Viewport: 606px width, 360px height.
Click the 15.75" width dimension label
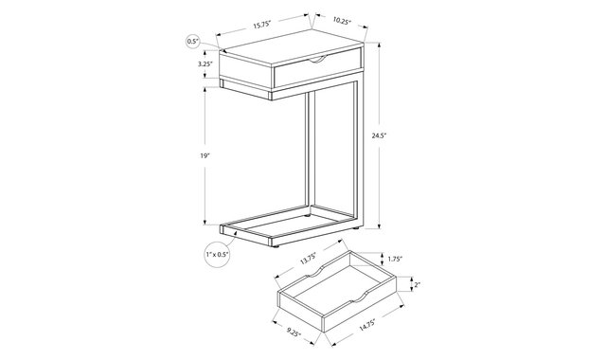(x=263, y=24)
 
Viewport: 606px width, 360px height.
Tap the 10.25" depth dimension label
(x=341, y=20)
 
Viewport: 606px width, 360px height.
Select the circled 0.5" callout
(x=192, y=41)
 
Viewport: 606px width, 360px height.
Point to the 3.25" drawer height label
(x=205, y=64)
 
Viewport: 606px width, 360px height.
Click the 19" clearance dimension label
(x=205, y=155)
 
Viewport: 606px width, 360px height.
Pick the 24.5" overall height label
(x=380, y=135)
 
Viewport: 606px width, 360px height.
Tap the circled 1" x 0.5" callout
(x=217, y=254)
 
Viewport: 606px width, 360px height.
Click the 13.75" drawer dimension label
(x=309, y=259)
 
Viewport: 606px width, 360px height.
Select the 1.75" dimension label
(x=395, y=259)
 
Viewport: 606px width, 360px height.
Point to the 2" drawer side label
(x=417, y=285)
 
